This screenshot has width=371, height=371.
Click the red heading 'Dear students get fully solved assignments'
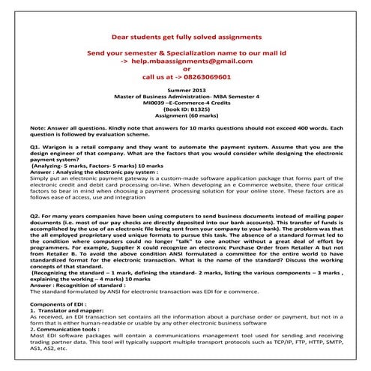(186, 36)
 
